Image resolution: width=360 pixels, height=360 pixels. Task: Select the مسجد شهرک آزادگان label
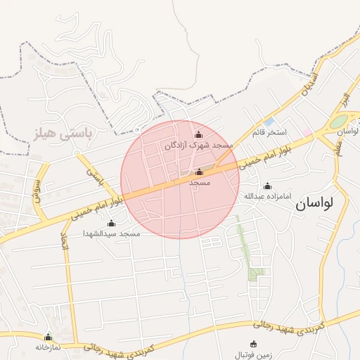(198, 146)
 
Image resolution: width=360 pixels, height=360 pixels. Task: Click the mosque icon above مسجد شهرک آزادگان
(198, 135)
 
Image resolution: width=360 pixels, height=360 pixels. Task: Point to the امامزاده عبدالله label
(267, 196)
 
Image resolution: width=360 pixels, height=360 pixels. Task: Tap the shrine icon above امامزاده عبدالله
(267, 186)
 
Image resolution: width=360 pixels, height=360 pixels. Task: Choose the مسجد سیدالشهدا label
(111, 233)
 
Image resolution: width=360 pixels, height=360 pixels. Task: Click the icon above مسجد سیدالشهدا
(111, 223)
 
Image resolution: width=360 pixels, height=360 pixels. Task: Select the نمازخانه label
(48, 347)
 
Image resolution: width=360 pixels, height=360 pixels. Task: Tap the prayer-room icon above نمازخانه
(48, 337)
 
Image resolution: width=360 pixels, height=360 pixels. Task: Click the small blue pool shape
(269, 122)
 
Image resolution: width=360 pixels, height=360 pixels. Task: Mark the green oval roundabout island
(339, 121)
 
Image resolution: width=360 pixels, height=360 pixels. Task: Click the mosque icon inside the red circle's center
(198, 172)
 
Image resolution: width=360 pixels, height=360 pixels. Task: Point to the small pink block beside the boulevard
(307, 132)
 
